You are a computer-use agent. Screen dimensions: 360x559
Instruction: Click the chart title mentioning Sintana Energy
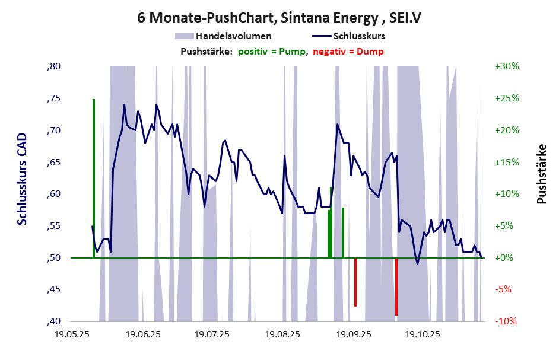[279, 18]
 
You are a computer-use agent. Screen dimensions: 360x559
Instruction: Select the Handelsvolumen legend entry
[234, 36]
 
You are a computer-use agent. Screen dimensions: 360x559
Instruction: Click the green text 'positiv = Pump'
[272, 52]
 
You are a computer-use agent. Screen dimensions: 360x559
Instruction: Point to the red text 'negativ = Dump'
[348, 52]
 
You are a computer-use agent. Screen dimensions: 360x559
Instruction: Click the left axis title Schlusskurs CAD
[23, 178]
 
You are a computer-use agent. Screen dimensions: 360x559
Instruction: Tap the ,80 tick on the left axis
[53, 66]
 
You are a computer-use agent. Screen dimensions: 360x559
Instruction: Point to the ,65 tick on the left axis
[53, 162]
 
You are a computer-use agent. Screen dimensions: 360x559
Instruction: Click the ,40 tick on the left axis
[53, 321]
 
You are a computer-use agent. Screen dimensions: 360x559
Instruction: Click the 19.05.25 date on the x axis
[72, 335]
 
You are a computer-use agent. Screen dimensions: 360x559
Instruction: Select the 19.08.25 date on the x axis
[282, 335]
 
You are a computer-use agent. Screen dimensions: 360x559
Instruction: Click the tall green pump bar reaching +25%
[94, 178]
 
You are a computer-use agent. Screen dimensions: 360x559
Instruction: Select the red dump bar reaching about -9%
[396, 286]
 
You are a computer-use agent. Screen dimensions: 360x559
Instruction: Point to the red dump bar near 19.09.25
[355, 282]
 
